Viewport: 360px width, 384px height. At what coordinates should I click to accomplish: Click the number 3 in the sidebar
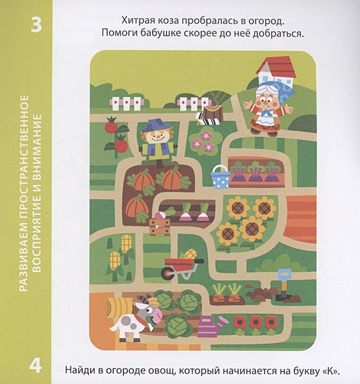[x=36, y=25]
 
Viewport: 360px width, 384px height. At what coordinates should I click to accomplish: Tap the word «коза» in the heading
[x=166, y=21]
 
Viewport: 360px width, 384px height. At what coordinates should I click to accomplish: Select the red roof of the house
[x=276, y=67]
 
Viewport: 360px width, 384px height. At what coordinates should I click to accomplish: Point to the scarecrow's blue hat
[x=156, y=125]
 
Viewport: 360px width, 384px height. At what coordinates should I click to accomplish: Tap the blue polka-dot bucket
[x=221, y=177]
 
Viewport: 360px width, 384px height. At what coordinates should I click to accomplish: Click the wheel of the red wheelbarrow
[x=168, y=273]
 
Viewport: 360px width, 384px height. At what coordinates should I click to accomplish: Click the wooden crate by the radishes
[x=160, y=227]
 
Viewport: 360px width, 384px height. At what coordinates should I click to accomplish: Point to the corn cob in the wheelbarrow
[x=190, y=254]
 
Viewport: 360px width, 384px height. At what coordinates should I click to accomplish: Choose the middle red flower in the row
[x=255, y=322]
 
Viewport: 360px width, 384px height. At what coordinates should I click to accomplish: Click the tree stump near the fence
[x=213, y=113]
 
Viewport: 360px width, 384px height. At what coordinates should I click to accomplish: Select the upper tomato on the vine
[x=111, y=125]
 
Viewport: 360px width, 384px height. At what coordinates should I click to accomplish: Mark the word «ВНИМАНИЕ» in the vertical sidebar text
[x=36, y=150]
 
